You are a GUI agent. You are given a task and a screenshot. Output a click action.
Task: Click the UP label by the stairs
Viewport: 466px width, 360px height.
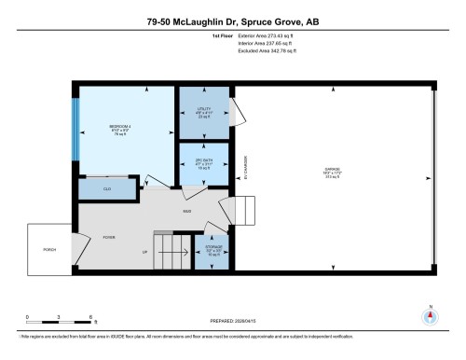[144, 252]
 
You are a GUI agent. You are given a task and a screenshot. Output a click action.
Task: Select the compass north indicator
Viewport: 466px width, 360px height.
[429, 314]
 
